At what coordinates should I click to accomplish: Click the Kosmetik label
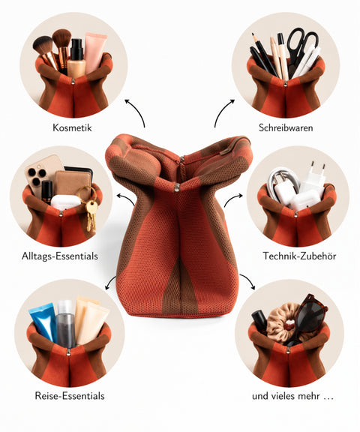tap(72, 127)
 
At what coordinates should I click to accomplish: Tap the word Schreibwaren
tap(286, 127)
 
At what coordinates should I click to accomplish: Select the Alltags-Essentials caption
tap(60, 256)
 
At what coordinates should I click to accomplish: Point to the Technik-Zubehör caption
tap(299, 256)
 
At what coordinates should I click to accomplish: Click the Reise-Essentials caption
tap(70, 396)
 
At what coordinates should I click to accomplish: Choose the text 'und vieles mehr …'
tap(292, 396)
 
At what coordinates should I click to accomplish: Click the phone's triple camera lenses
tap(36, 175)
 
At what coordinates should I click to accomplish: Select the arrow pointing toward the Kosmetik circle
tap(136, 111)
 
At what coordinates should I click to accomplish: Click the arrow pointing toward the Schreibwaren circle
tap(223, 111)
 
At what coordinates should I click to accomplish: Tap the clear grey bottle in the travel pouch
tap(66, 324)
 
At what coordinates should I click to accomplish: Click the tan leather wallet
tap(73, 185)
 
